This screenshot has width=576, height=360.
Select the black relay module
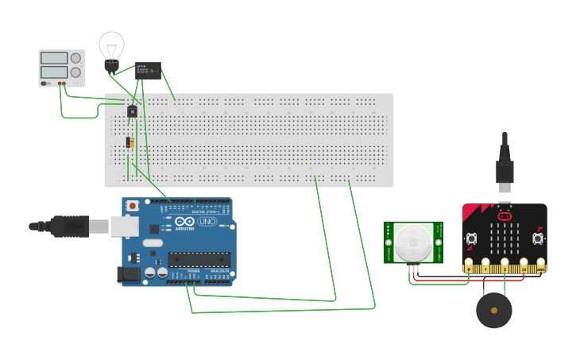point(149,71)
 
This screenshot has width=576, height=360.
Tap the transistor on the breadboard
point(132,111)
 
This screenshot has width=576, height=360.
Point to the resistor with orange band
point(130,142)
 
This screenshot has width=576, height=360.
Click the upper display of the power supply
point(53,58)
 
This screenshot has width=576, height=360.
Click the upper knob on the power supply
point(77,58)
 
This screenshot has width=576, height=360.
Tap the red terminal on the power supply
point(60,83)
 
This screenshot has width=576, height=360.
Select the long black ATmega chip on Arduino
point(199,259)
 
